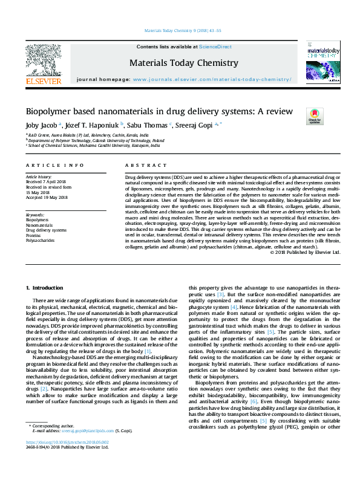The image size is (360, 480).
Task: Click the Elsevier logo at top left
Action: [43, 63]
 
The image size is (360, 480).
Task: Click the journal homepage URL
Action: [212, 79]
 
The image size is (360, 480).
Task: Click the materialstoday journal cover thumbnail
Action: [321, 63]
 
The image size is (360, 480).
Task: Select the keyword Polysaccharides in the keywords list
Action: [40, 240]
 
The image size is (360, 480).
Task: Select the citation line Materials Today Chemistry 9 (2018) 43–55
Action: [180, 30]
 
